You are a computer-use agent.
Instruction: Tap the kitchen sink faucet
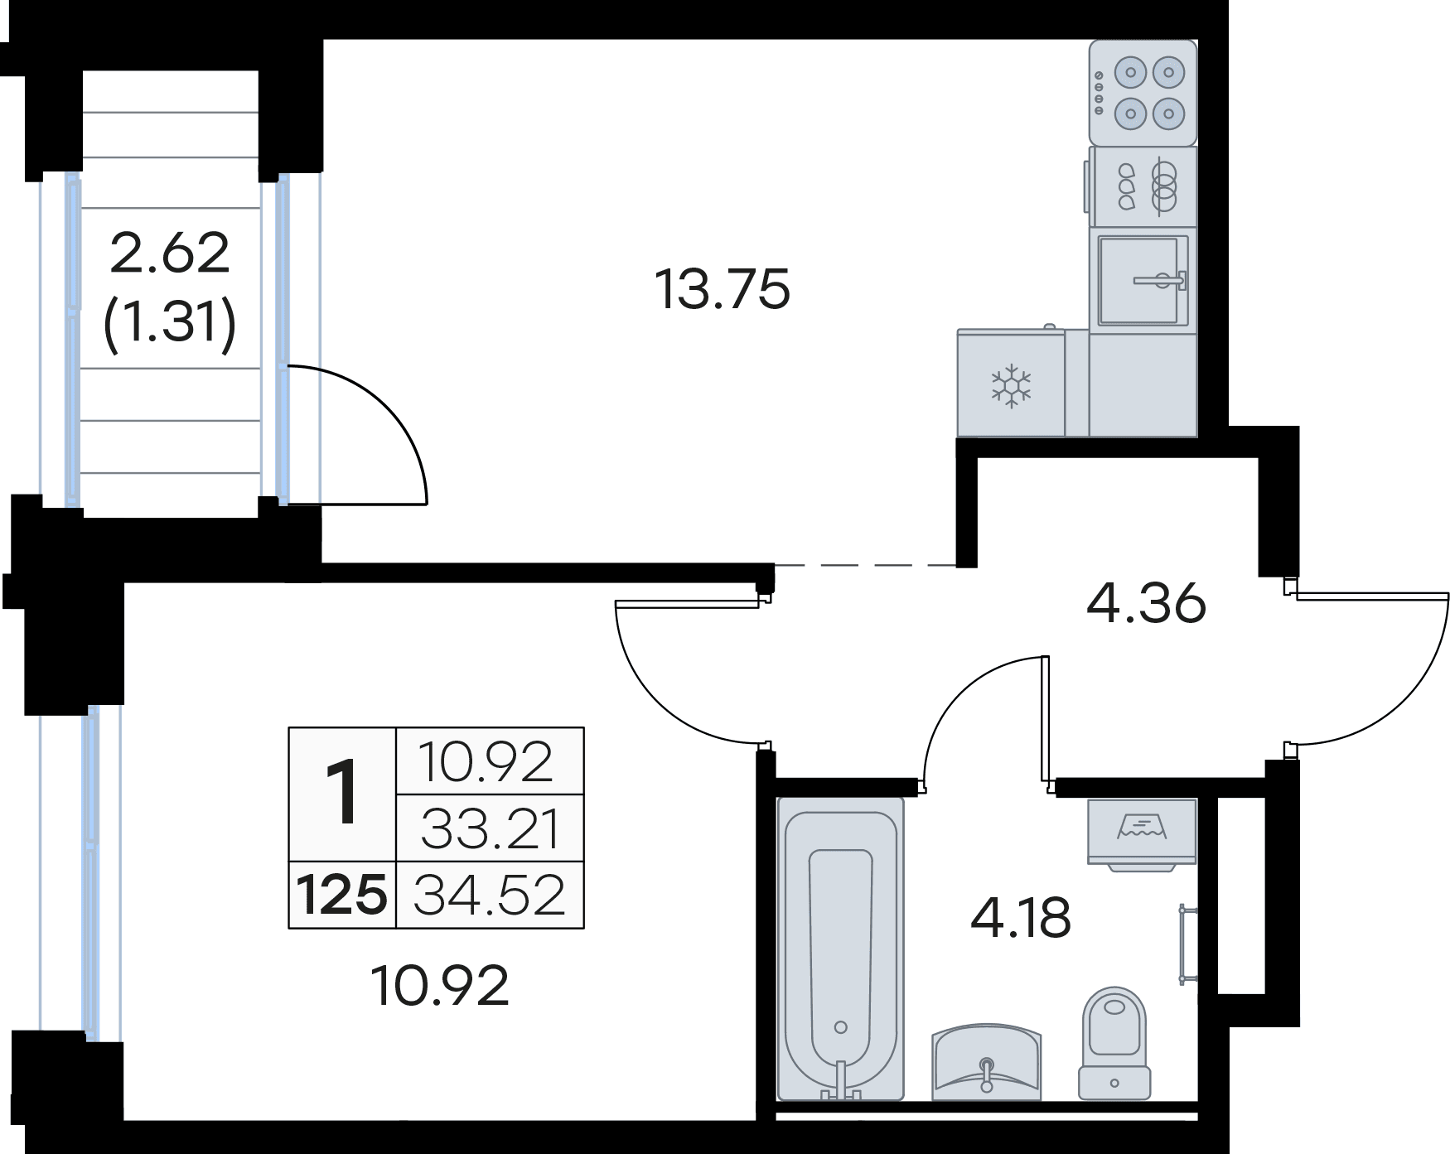coord(1161,281)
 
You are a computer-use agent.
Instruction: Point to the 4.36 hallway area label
coord(1146,604)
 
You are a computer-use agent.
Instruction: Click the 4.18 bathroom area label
coord(1021,919)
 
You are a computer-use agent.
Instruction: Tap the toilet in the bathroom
coord(1114,1043)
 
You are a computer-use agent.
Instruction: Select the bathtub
coord(841,949)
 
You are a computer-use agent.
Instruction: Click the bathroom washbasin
coord(986,1064)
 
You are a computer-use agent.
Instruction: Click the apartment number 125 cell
coord(342,896)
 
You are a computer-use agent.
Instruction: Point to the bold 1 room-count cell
coord(342,795)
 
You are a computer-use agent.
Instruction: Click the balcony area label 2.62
coord(170,253)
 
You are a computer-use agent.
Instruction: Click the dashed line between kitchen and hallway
coord(865,565)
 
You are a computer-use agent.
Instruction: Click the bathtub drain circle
coord(841,1027)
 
